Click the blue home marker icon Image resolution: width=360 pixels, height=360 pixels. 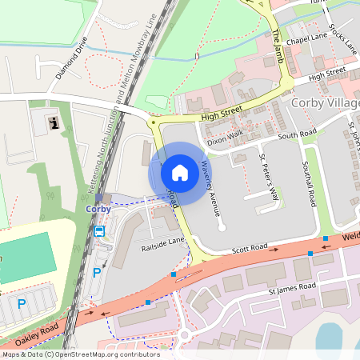pyautogui.click(x=180, y=172)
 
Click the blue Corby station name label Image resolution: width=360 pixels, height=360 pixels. pyautogui.click(x=98, y=209)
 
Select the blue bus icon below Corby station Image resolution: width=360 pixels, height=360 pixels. pyautogui.click(x=99, y=231)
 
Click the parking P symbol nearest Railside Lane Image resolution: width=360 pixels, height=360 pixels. pyautogui.click(x=98, y=272)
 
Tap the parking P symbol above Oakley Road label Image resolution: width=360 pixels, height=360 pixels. pyautogui.click(x=22, y=303)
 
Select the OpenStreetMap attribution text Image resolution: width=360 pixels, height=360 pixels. pyautogui.click(x=80, y=354)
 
